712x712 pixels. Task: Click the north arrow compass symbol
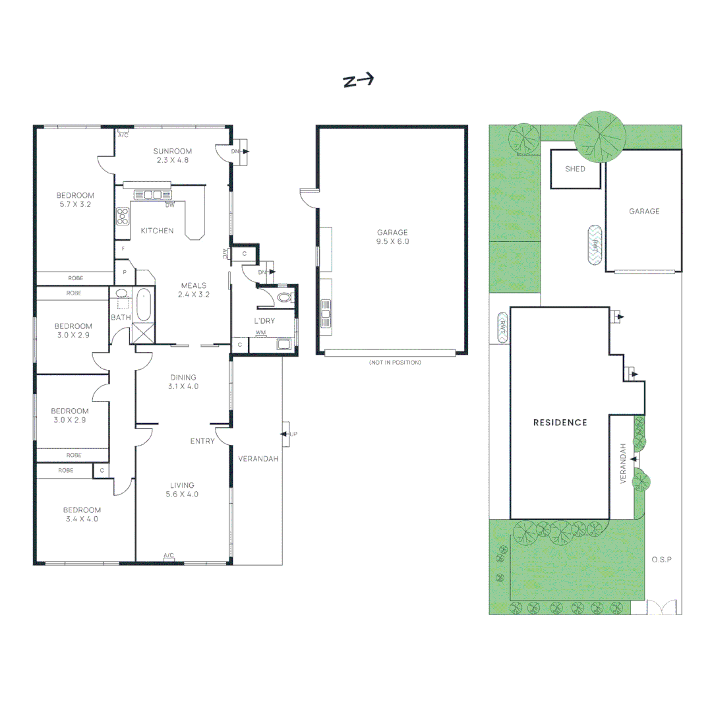coord(358,80)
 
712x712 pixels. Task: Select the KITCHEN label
coord(157,231)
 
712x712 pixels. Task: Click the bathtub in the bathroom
coord(143,305)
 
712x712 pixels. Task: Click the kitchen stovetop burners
coord(122,216)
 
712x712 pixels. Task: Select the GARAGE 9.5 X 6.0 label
coord(392,237)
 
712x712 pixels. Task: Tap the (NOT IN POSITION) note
coord(395,363)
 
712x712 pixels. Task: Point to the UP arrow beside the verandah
coord(287,434)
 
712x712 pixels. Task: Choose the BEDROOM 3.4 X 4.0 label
coord(82,514)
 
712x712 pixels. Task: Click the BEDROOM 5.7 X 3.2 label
coord(74,200)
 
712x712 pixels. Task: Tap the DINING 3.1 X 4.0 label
coord(183,382)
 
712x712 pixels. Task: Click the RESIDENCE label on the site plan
coord(560,423)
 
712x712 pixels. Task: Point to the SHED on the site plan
coord(575,169)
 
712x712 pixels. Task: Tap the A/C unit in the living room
coord(169,557)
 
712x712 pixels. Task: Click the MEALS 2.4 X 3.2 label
coord(193,290)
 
